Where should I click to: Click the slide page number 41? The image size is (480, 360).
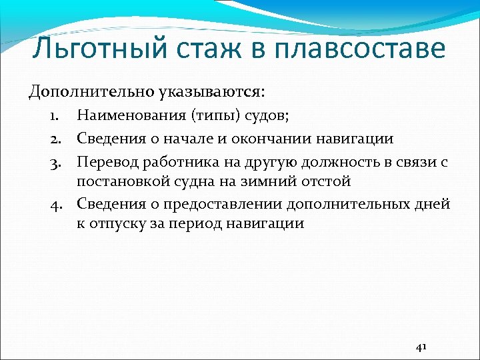[x=421, y=347]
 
